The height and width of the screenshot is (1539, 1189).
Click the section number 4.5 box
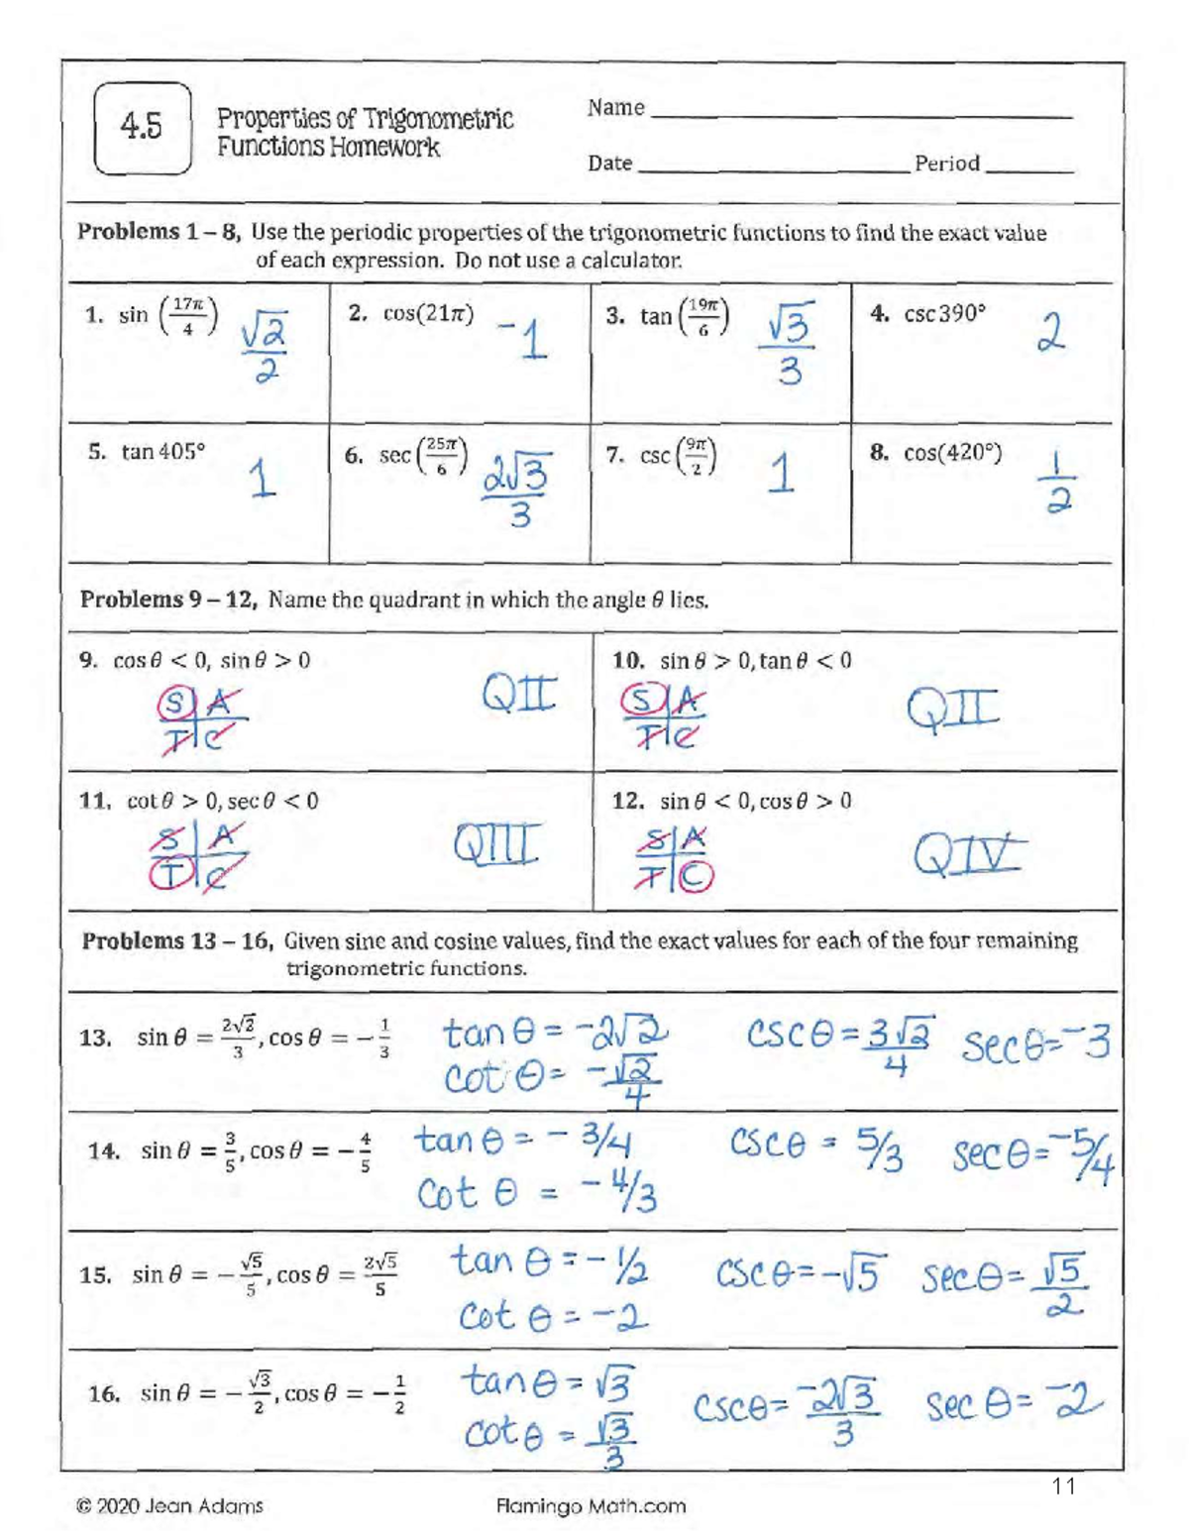click(143, 129)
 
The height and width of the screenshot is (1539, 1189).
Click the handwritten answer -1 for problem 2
click(523, 340)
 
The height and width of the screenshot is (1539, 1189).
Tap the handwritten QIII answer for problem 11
click(496, 844)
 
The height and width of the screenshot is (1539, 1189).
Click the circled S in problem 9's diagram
click(173, 704)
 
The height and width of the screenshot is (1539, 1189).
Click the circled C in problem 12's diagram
click(696, 876)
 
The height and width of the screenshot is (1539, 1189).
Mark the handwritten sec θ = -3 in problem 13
click(1035, 1044)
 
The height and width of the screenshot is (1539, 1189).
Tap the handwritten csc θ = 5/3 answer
click(815, 1148)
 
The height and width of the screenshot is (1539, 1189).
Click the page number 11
click(1064, 1485)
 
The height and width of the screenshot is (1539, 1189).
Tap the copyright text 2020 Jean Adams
click(169, 1506)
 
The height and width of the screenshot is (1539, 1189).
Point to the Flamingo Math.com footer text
click(591, 1506)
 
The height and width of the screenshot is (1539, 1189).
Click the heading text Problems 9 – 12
click(169, 600)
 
